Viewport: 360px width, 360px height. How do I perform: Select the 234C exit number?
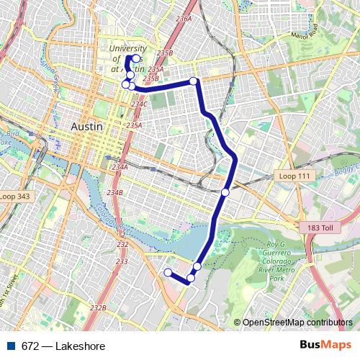(139, 104)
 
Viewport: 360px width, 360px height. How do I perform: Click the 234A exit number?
(120, 167)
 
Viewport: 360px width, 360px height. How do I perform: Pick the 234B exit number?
(115, 193)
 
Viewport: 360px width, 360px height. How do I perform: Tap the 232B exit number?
(98, 307)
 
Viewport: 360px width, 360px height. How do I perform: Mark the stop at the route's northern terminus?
(136, 58)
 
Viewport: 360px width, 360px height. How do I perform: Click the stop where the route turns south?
(193, 81)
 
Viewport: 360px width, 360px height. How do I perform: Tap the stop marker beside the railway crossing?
(225, 192)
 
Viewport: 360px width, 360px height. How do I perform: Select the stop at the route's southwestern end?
(168, 272)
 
